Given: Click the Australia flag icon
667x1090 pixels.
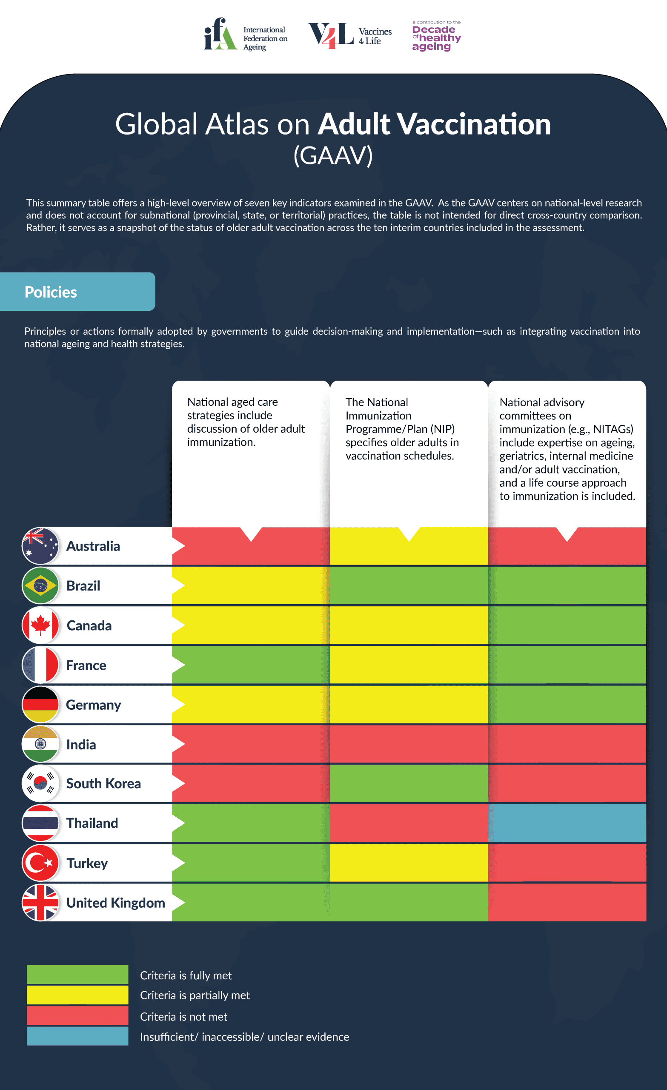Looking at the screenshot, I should [40, 546].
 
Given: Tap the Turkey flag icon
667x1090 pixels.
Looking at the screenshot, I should [40, 863].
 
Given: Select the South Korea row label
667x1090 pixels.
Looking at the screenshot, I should [103, 783].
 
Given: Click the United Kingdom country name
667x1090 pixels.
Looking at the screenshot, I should [115, 902].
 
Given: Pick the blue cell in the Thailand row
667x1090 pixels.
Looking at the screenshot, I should [567, 823].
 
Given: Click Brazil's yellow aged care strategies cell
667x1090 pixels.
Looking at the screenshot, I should [251, 585].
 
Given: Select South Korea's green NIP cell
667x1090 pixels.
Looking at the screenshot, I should [409, 783].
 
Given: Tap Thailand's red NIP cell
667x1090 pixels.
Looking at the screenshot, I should [409, 823].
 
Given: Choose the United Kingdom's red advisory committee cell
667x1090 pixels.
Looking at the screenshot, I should [567, 902].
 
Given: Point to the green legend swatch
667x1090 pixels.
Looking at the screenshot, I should [77, 975].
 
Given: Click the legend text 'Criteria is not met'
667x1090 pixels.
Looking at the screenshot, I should [183, 1017].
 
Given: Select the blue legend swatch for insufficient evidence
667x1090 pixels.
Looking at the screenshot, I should [77, 1036].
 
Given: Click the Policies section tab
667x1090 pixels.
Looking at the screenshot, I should [77, 292].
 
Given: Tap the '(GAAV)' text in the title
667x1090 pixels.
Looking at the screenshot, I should [333, 155].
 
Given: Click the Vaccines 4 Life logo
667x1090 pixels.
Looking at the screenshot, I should [349, 35].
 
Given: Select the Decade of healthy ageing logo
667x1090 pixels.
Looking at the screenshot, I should [436, 36].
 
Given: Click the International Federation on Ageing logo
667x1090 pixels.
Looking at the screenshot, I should [246, 35].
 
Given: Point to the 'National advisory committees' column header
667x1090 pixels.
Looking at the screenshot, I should [567, 449].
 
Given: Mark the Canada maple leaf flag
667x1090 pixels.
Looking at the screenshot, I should [40, 625].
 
